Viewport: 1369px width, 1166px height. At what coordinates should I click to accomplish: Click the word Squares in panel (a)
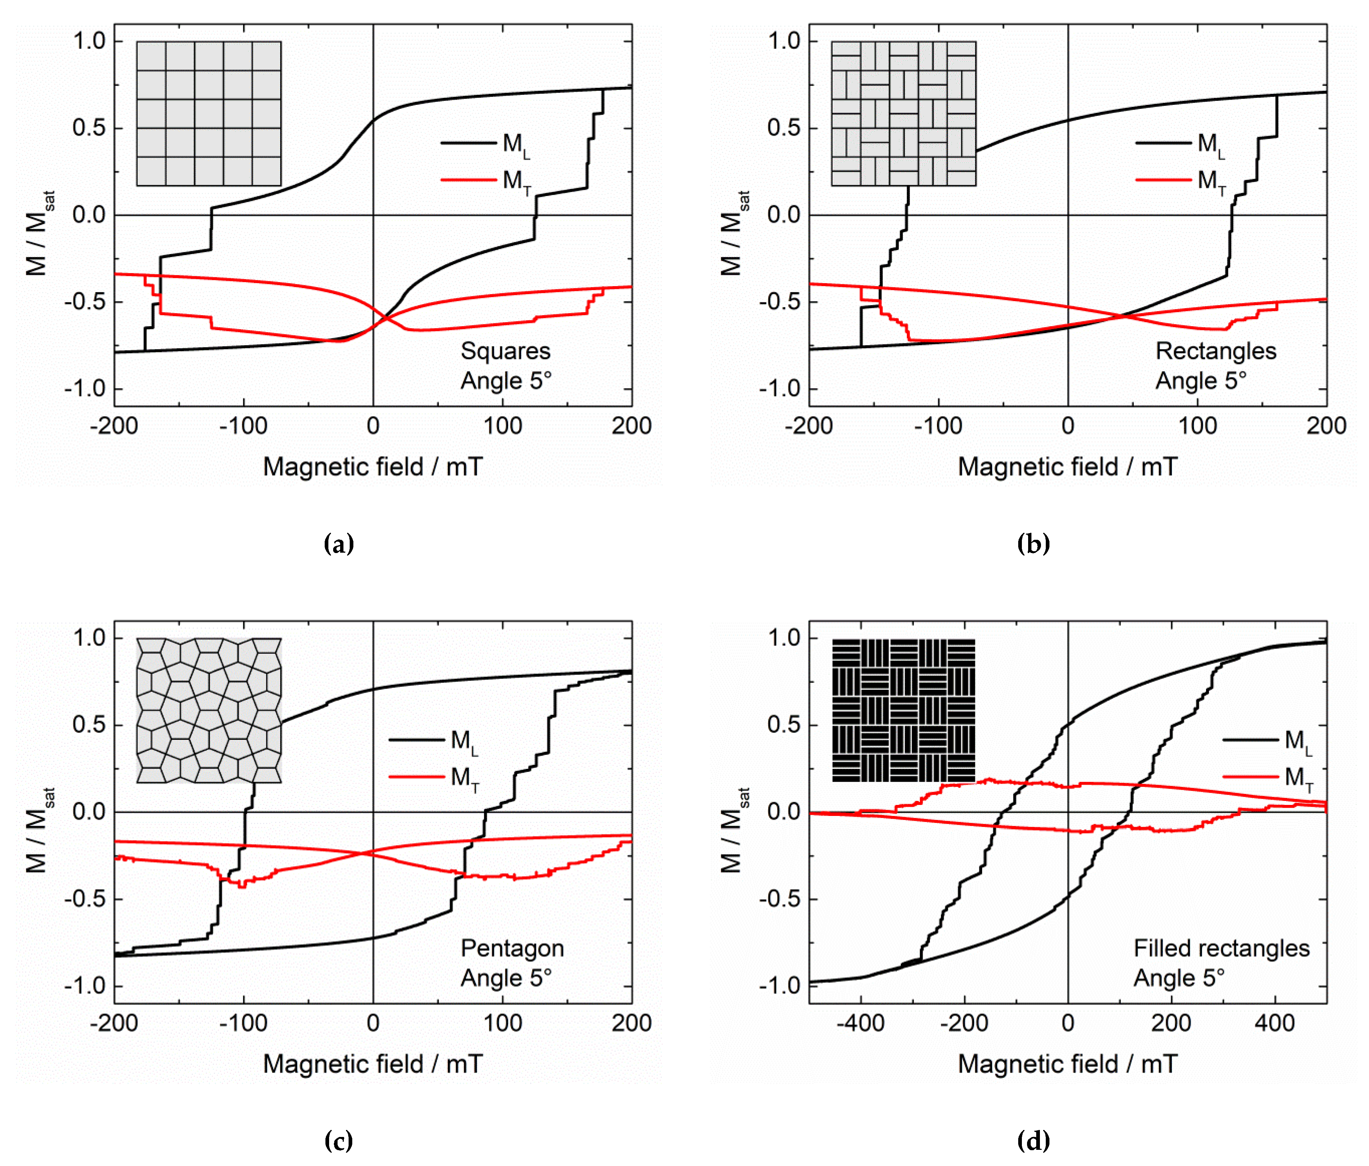point(506,351)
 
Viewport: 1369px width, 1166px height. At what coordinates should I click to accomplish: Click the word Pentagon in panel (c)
point(512,948)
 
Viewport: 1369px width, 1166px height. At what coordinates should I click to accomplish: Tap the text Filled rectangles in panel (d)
point(1221,948)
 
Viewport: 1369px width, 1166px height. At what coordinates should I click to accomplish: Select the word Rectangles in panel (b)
point(1216,351)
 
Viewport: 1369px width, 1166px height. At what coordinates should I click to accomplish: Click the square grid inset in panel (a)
point(209,114)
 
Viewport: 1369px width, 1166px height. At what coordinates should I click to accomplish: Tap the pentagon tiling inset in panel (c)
point(209,710)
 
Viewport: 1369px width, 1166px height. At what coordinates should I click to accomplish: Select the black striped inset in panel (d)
point(903,710)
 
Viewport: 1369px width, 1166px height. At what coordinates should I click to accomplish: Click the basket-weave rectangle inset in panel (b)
point(903,114)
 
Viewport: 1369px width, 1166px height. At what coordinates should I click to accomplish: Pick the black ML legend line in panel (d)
point(1250,739)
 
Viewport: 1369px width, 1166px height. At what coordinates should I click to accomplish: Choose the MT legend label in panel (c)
point(464,778)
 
